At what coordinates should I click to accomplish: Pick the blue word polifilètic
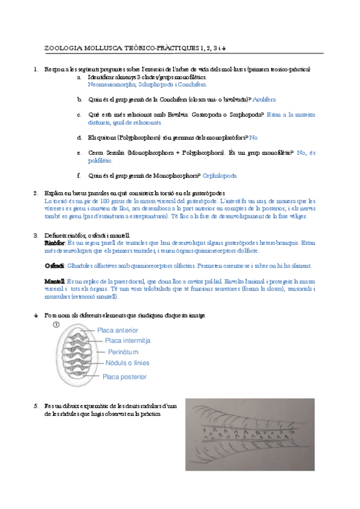(99, 160)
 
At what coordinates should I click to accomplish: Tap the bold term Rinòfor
(55, 242)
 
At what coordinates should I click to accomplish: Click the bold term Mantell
(55, 281)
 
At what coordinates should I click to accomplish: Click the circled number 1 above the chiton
(56, 325)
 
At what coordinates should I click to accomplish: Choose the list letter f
(79, 175)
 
